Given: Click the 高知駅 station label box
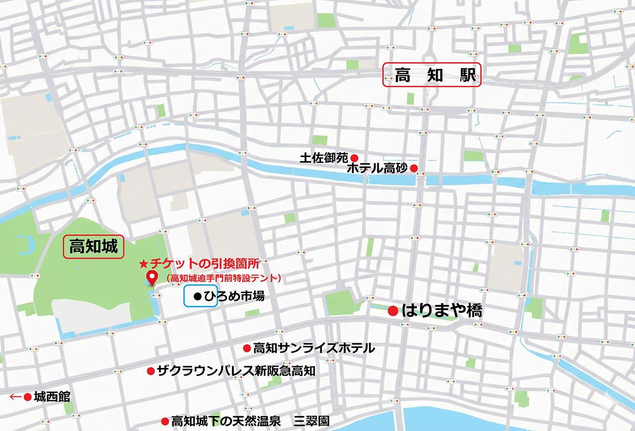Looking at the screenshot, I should [x=432, y=75].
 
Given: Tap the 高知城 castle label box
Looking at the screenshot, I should [x=93, y=246].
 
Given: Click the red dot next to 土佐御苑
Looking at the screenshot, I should [x=354, y=157].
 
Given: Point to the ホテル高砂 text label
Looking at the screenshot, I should [x=377, y=168].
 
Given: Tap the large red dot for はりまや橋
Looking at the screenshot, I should [x=393, y=311].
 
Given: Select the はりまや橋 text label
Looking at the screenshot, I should [x=442, y=311].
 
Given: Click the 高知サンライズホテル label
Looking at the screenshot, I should [x=314, y=348].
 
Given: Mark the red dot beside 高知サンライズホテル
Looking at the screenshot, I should [x=246, y=348].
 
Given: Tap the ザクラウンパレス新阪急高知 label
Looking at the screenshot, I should [x=236, y=371].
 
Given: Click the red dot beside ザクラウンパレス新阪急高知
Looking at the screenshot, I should [x=150, y=371].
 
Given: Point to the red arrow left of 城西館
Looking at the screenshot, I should [x=15, y=397].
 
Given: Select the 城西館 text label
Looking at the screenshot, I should [x=52, y=397].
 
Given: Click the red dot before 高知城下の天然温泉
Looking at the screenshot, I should [x=164, y=422].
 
